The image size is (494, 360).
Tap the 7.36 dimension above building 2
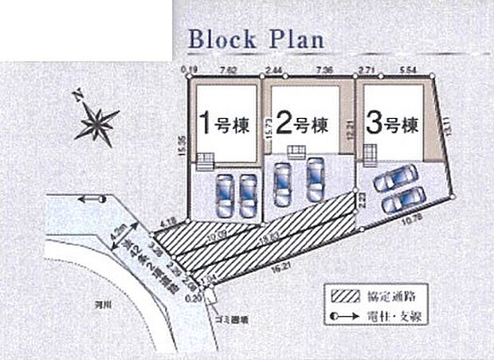pyautogui.click(x=324, y=70)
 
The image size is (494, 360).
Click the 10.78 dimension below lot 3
pyautogui.click(x=414, y=217)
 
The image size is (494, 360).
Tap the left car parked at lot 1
pyautogui.click(x=224, y=194)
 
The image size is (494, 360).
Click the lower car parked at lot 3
pyautogui.click(x=402, y=200)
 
